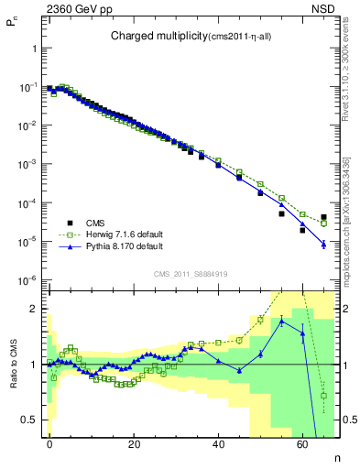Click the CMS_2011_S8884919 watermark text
click(192, 274)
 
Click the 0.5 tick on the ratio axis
click(29, 420)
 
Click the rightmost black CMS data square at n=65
click(323, 217)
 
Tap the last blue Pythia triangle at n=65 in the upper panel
click(323, 245)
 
